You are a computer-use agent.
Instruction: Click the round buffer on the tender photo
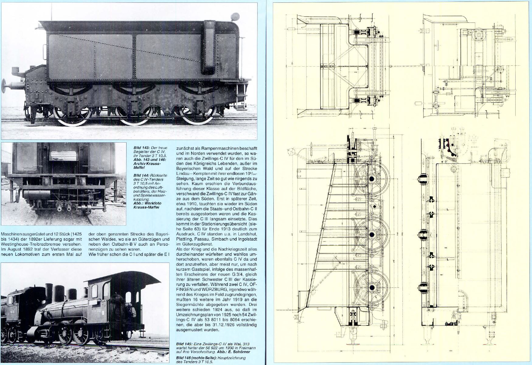click(x=4, y=86)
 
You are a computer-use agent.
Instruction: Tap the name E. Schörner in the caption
click(x=238, y=352)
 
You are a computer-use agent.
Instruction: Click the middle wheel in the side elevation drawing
click(x=372, y=235)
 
